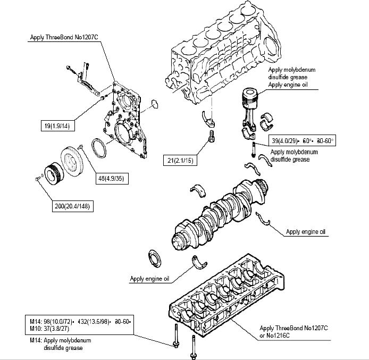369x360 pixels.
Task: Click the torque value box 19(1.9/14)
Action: [x=59, y=127]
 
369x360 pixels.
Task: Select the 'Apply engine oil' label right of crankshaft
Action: [x=306, y=231]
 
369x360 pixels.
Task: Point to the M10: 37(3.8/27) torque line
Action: [x=55, y=328]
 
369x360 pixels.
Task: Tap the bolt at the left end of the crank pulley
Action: [x=37, y=179]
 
